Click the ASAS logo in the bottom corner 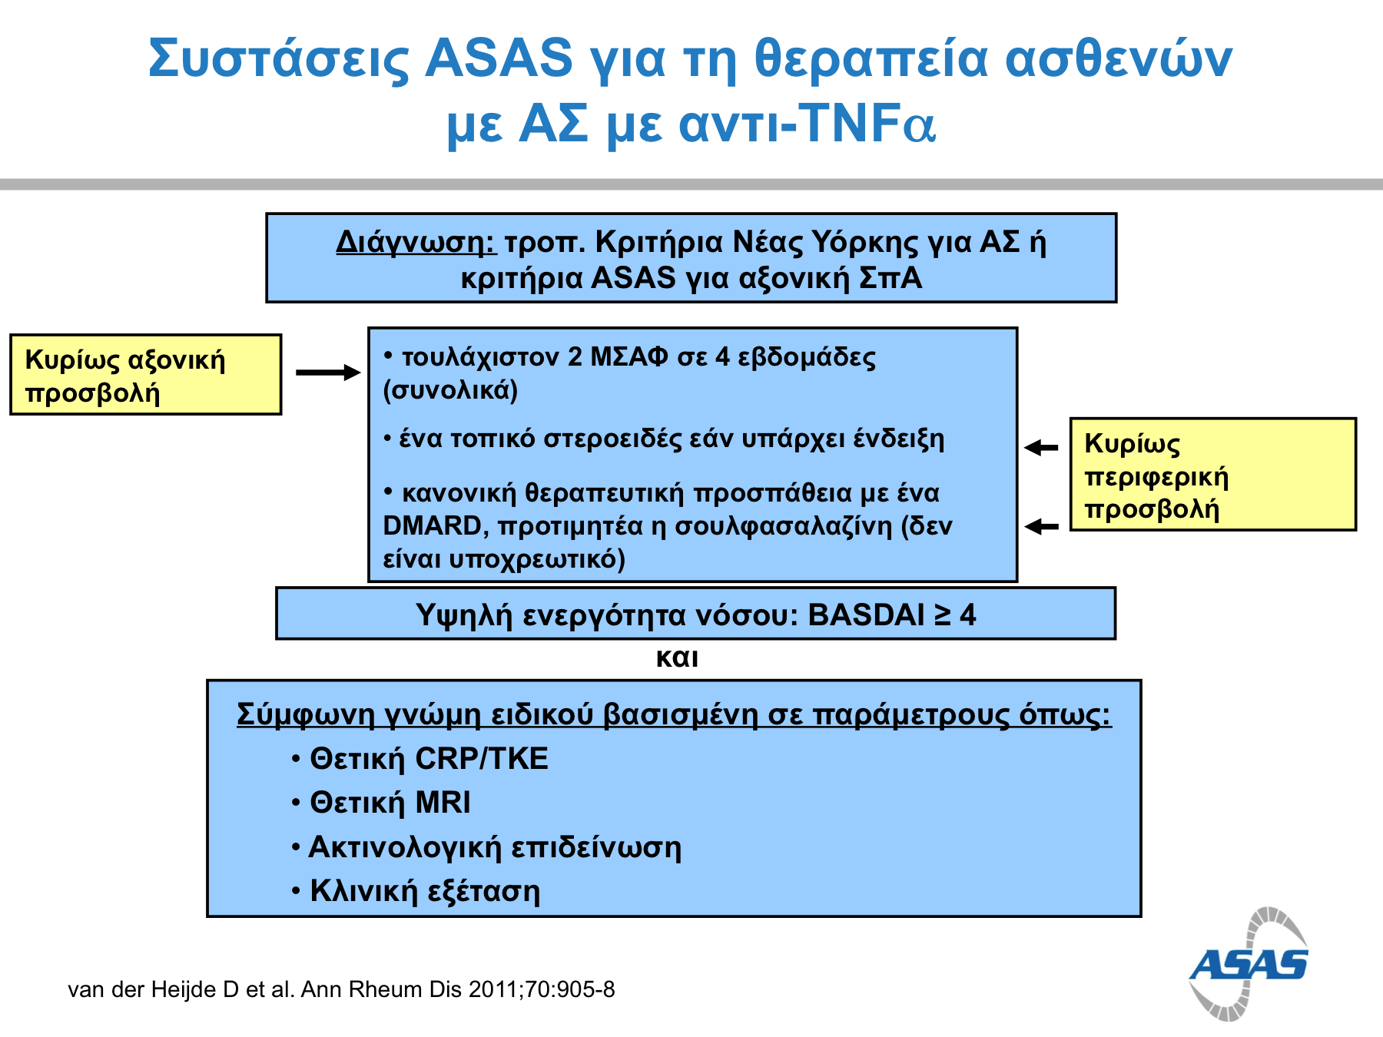coord(1249,965)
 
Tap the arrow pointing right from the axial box coord(328,373)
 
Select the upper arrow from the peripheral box coord(1041,447)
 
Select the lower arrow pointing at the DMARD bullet coord(1041,526)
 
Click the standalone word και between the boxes coord(677,658)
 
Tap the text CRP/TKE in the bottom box coord(482,759)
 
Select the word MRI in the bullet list coord(443,803)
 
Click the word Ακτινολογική coord(405,848)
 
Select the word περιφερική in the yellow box coord(1156,478)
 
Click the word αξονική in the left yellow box coord(176,360)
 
